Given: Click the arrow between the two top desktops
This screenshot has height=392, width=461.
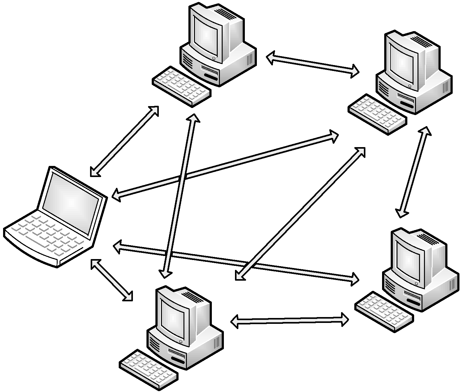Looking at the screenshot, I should tap(313, 65).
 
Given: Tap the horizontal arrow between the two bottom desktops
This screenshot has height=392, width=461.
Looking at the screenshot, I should tap(290, 321).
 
